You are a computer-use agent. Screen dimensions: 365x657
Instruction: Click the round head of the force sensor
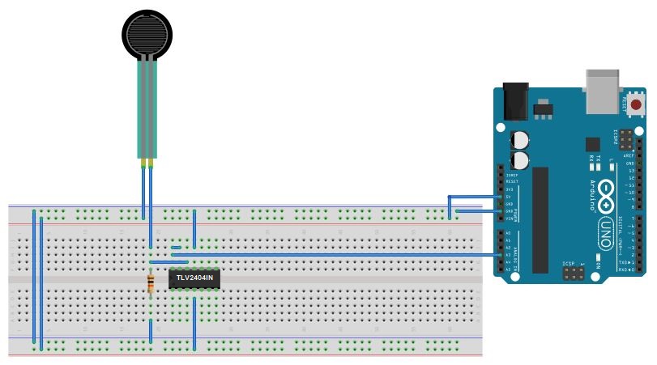pos(148,33)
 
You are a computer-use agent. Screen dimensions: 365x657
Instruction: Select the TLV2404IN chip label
pos(194,278)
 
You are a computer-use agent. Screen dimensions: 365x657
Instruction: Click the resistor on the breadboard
pos(150,282)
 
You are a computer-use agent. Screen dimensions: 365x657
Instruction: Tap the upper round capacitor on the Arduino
pos(519,138)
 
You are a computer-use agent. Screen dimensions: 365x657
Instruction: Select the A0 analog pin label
pos(509,233)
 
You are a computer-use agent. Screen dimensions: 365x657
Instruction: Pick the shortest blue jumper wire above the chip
pos(176,248)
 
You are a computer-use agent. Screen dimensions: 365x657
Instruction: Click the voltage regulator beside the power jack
pos(541,108)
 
